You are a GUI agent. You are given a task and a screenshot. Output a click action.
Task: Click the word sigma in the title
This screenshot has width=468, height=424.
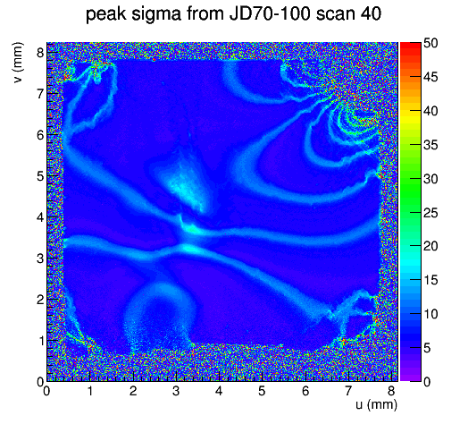pos(155,14)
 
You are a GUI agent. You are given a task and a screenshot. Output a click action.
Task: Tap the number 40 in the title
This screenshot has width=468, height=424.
pos(371,13)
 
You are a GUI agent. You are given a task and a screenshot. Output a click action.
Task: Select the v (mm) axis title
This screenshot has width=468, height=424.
pos(18,63)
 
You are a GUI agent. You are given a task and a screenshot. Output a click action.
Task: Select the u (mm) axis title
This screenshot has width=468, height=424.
pos(376,404)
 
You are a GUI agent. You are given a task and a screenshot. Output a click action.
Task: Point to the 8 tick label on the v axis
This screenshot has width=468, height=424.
pos(40,53)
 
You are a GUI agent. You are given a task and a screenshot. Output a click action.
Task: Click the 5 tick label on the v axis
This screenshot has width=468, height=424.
pos(40,176)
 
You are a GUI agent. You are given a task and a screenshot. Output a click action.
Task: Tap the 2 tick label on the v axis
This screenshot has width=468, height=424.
pos(40,300)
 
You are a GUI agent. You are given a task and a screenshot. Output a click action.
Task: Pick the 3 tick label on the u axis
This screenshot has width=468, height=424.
pos(176,391)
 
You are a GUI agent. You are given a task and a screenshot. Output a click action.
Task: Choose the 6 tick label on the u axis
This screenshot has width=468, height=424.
pos(305,391)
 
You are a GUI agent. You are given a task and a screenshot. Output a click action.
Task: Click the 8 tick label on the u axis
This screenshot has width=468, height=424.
pos(391,391)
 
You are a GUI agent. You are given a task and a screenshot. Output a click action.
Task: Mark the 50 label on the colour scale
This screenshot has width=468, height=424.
pos(430,43)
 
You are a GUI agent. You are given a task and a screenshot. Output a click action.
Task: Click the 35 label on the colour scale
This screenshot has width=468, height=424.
pos(430,145)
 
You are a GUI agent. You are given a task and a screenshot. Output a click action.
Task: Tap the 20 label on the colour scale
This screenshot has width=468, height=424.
pos(430,246)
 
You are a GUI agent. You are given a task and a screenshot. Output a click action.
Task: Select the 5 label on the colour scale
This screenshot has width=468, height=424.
pos(427,348)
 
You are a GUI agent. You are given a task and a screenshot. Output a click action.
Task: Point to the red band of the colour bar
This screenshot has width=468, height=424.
pos(411,51)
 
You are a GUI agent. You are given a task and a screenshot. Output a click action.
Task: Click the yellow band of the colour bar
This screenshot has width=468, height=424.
pos(411,114)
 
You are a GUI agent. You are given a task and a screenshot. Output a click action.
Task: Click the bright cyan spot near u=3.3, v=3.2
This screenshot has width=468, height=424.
pos(190,249)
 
